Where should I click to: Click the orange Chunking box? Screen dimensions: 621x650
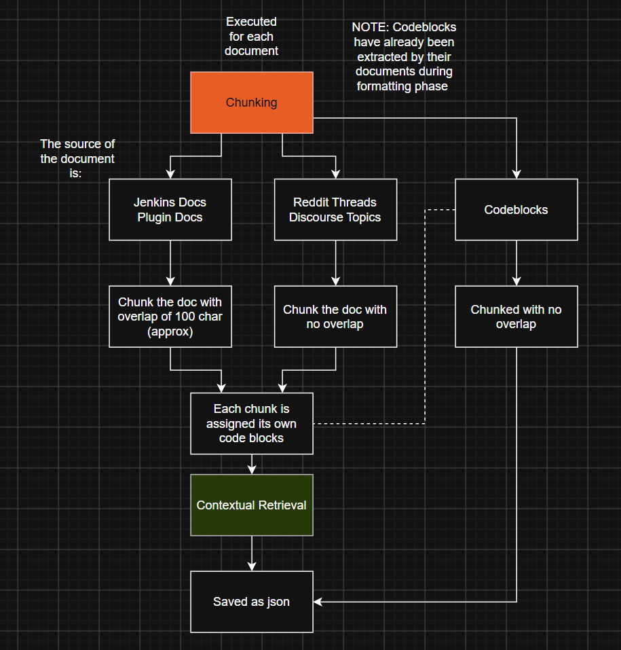click(x=252, y=103)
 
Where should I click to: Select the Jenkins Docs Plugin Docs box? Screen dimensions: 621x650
click(x=170, y=210)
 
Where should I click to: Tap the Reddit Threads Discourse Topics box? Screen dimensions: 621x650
click(x=335, y=210)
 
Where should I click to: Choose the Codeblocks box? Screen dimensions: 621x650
click(x=516, y=210)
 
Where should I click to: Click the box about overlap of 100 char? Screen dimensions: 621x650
click(x=170, y=317)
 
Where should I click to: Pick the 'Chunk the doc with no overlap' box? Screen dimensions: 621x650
click(x=335, y=317)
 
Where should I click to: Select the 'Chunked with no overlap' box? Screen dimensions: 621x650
click(x=516, y=317)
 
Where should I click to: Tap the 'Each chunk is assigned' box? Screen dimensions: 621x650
click(x=252, y=424)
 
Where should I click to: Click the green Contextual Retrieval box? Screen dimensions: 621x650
click(x=252, y=505)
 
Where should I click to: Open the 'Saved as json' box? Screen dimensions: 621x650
click(x=252, y=602)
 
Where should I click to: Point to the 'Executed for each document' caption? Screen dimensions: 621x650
click(x=252, y=37)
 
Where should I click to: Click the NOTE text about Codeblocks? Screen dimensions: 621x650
click(x=404, y=57)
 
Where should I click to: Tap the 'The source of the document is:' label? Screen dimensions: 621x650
click(x=77, y=159)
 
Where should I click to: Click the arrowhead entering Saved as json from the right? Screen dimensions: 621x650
click(x=318, y=602)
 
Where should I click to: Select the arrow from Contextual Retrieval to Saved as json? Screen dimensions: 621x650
click(x=252, y=554)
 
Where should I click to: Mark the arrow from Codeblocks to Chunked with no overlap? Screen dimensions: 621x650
click(x=516, y=264)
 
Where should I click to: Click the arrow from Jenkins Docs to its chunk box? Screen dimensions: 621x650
click(x=170, y=264)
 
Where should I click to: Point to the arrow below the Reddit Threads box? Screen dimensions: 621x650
click(x=335, y=264)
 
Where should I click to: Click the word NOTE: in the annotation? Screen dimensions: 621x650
click(x=371, y=27)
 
